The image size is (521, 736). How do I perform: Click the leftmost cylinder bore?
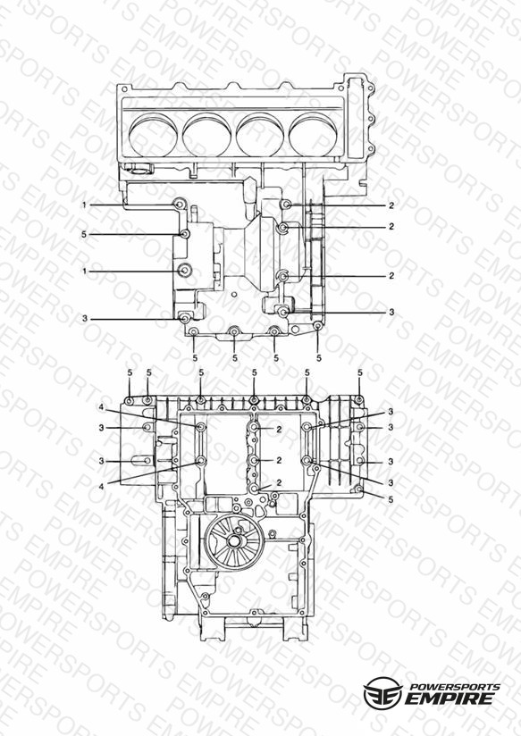pos(153,134)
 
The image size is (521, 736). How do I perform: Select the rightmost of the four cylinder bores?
pos(314,134)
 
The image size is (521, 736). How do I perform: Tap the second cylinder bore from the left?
pos(206,134)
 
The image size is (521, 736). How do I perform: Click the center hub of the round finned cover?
pos(233,540)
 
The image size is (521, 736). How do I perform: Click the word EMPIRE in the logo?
pos(450,698)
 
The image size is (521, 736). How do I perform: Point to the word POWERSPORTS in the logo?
pos(455,686)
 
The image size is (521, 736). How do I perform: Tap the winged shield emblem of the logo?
pos(382,693)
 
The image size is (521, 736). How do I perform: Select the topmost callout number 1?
pos(85,205)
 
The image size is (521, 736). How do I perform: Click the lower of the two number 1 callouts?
pos(85,272)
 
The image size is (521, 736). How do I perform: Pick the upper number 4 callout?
pos(101,408)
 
